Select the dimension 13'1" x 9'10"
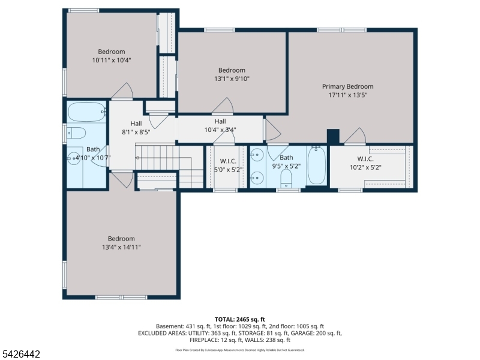pyautogui.click(x=232, y=79)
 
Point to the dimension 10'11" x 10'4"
pyautogui.click(x=112, y=60)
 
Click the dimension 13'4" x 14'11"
pyautogui.click(x=121, y=247)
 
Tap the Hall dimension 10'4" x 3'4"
pyautogui.click(x=220, y=129)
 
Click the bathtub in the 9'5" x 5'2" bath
pyautogui.click(x=317, y=166)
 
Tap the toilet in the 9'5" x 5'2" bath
pyautogui.click(x=286, y=177)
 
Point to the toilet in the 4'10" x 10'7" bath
pyautogui.click(x=77, y=132)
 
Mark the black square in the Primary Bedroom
pyautogui.click(x=334, y=137)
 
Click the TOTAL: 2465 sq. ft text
pyautogui.click(x=239, y=319)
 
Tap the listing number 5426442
pyautogui.click(x=21, y=355)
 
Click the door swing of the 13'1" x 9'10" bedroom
pyautogui.click(x=223, y=107)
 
